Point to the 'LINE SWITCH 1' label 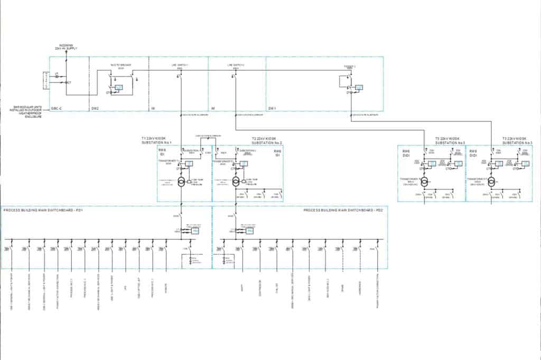(x=180, y=65)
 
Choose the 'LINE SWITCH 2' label (x=236, y=65)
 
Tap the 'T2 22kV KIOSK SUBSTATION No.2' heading (x=267, y=141)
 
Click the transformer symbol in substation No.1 (x=181, y=182)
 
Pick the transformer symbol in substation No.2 (x=236, y=182)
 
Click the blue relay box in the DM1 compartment (x=359, y=88)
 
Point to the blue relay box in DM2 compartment (x=119, y=88)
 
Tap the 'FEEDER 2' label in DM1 (x=350, y=67)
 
